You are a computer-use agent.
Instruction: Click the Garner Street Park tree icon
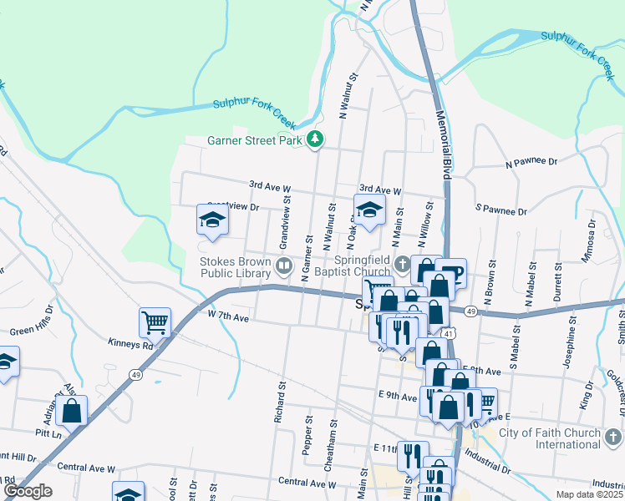[315, 139]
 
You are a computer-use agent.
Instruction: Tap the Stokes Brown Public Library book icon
[284, 266]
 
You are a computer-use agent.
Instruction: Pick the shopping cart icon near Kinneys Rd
[155, 323]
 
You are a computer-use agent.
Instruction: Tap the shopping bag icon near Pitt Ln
[73, 411]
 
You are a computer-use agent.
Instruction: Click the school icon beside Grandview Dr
[213, 220]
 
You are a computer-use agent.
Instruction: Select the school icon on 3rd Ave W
[369, 211]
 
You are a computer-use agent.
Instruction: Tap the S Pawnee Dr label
[501, 210]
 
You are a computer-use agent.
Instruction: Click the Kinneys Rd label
[130, 344]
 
